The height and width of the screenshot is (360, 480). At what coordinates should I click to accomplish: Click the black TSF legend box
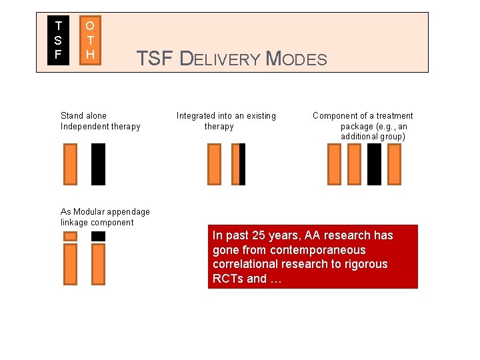pyautogui.click(x=59, y=40)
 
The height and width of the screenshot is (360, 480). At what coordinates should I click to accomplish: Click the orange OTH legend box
pyautogui.click(x=90, y=40)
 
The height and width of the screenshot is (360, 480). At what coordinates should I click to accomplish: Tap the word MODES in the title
pyautogui.click(x=297, y=59)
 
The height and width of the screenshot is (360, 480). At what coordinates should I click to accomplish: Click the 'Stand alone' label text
pyautogui.click(x=83, y=116)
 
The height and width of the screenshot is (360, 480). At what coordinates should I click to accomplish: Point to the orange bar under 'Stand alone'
pyautogui.click(x=70, y=164)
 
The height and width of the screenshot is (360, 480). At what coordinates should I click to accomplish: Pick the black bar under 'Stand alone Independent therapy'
pyautogui.click(x=98, y=164)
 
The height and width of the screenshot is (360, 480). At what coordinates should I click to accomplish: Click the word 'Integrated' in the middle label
pyautogui.click(x=196, y=116)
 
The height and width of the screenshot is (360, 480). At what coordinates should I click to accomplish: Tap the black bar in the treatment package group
pyautogui.click(x=374, y=164)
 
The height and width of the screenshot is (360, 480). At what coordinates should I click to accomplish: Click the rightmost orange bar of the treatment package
pyautogui.click(x=394, y=164)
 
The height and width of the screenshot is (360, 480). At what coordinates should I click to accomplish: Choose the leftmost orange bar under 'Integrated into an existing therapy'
pyautogui.click(x=214, y=164)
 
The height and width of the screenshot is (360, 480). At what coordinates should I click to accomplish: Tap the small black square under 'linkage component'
pyautogui.click(x=98, y=236)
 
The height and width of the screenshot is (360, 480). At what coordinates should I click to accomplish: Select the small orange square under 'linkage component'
pyautogui.click(x=70, y=236)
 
